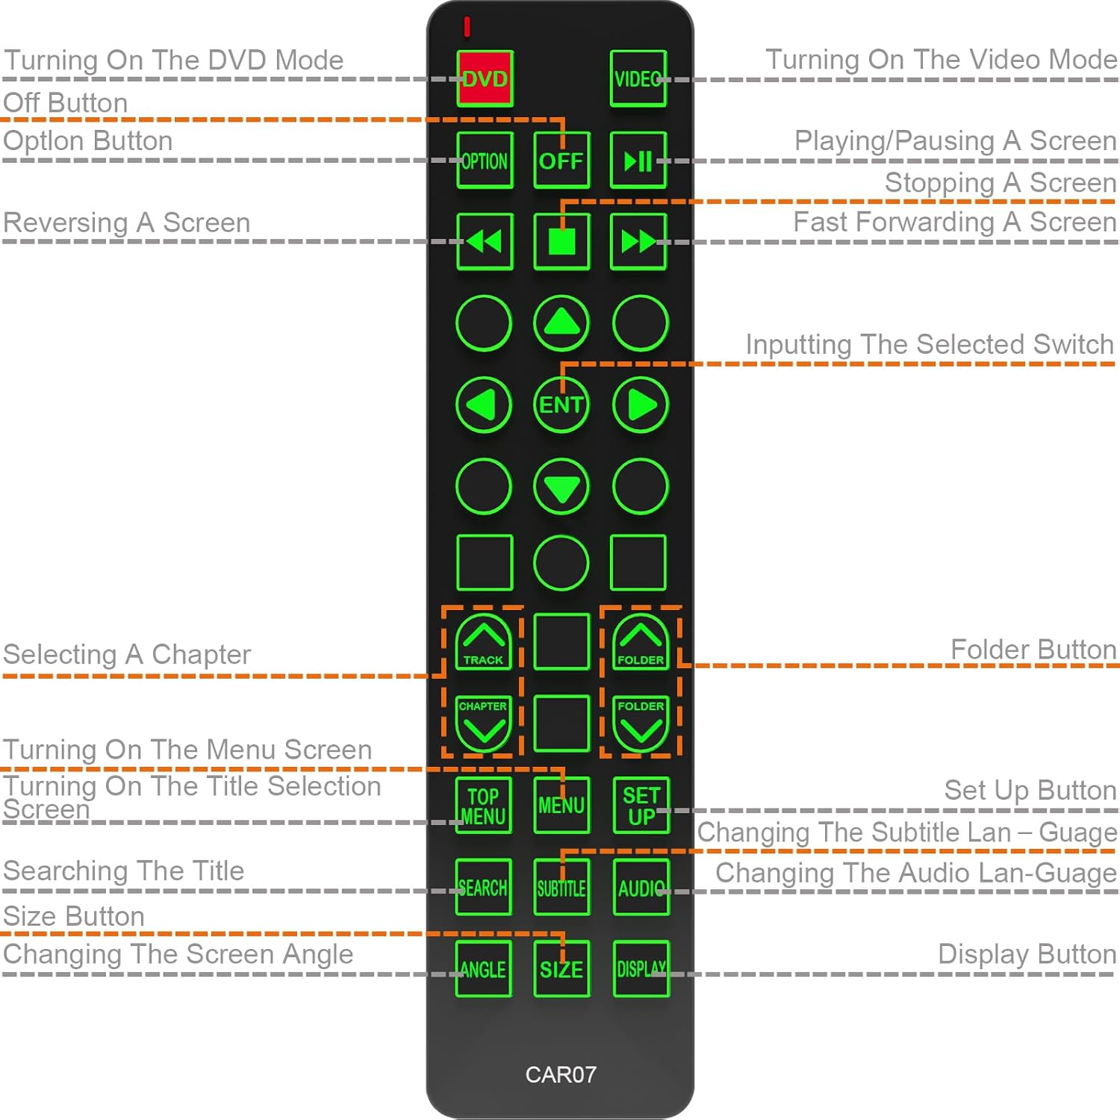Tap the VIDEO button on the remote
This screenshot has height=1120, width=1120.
(638, 79)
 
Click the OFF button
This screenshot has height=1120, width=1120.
(561, 161)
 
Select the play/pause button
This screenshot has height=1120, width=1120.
(638, 161)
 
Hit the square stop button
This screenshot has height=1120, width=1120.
(561, 242)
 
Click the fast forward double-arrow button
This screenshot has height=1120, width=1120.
(638, 242)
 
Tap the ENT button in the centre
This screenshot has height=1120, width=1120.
(561, 405)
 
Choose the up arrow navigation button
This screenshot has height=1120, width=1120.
(561, 323)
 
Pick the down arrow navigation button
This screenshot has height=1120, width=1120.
(561, 488)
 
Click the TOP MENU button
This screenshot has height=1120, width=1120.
(484, 806)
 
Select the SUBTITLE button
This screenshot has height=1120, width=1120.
(561, 887)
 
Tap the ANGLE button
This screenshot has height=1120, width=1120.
(484, 969)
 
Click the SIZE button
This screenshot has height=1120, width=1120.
(561, 969)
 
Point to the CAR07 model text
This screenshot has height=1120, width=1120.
(561, 1074)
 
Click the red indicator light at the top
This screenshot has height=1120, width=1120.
(467, 27)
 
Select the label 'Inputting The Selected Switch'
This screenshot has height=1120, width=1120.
(929, 344)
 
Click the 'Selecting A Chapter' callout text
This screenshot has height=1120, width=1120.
(127, 654)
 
